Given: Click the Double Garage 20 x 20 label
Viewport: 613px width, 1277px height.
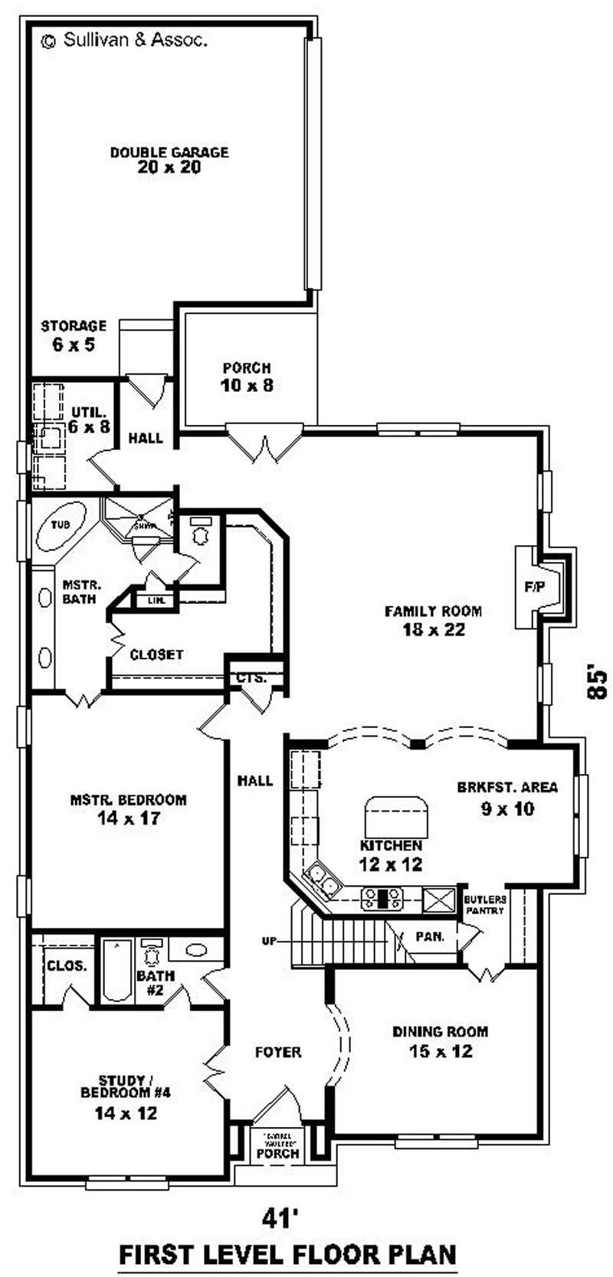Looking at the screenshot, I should (x=169, y=160).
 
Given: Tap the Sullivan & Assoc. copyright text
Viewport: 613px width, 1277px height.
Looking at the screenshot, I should (x=124, y=41).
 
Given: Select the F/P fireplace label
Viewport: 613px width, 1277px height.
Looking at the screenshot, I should (x=533, y=587).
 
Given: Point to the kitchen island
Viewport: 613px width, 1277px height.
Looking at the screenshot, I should (x=397, y=817).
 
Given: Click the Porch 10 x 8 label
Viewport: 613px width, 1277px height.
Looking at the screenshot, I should (x=247, y=377).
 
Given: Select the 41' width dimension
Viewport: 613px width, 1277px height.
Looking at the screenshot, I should (x=279, y=1218).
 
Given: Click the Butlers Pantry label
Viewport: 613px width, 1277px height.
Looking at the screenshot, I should (x=484, y=904).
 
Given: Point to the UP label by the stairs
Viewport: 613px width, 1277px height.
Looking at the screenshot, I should (x=268, y=941).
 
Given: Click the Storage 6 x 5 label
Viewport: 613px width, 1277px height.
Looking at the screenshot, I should (x=74, y=335).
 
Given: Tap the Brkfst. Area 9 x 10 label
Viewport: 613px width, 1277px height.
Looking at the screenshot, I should (x=507, y=797).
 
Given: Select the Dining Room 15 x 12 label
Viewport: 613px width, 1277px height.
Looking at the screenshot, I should (x=440, y=1041).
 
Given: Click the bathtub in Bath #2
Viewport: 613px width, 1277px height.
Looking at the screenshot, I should (x=116, y=970).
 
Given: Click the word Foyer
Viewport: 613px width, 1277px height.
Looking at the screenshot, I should (x=278, y=1053).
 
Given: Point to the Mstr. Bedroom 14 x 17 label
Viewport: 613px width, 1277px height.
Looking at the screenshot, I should (x=128, y=808).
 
